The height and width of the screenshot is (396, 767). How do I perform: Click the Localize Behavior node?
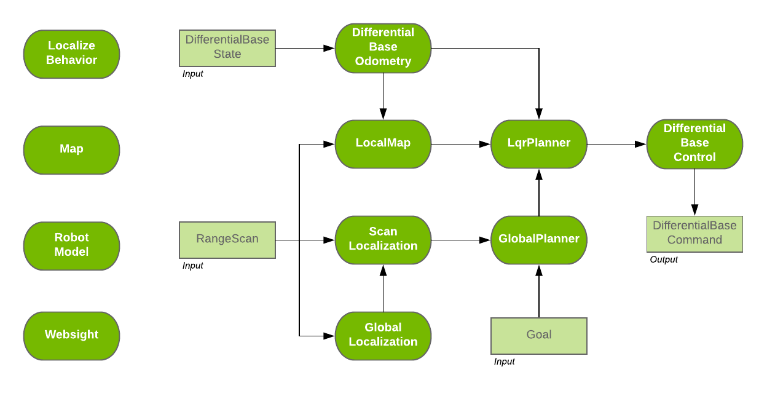tap(71, 53)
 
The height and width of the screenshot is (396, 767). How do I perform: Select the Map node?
tap(71, 149)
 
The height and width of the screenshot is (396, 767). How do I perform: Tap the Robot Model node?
tap(71, 245)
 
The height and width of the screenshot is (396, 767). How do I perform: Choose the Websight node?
tap(71, 335)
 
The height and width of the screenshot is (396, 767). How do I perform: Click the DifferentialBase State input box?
tap(227, 47)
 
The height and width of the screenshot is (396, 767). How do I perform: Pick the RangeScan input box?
tap(227, 239)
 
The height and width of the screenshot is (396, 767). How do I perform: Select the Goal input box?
tap(538, 335)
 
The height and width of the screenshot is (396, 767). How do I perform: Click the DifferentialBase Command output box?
tap(694, 233)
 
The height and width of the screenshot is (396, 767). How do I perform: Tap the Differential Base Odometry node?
tap(383, 47)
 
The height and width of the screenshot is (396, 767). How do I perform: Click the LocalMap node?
tap(383, 143)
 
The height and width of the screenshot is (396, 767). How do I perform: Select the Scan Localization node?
tap(383, 239)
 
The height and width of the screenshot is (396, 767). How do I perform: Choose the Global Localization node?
tap(383, 335)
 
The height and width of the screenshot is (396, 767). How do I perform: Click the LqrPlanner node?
tap(539, 143)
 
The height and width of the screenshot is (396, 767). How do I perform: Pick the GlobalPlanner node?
tap(539, 239)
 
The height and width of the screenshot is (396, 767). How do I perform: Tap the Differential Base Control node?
tap(694, 143)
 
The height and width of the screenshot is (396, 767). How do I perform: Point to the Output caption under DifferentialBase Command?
tap(664, 259)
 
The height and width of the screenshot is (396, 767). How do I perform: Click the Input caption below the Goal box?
tap(505, 362)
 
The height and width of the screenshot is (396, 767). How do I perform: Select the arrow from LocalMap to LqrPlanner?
tap(461, 145)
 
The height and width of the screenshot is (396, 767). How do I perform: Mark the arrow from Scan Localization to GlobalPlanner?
tap(461, 239)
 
